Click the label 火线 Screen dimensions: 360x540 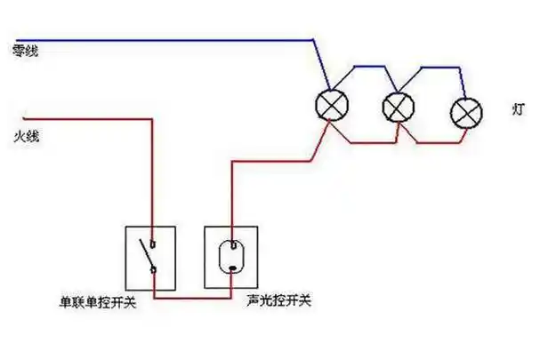27,137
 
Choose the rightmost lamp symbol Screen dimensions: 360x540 465,112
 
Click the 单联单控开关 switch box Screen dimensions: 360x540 150,256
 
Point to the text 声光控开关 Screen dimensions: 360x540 279,301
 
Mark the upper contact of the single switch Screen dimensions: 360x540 154,241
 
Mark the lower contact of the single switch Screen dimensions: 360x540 154,269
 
